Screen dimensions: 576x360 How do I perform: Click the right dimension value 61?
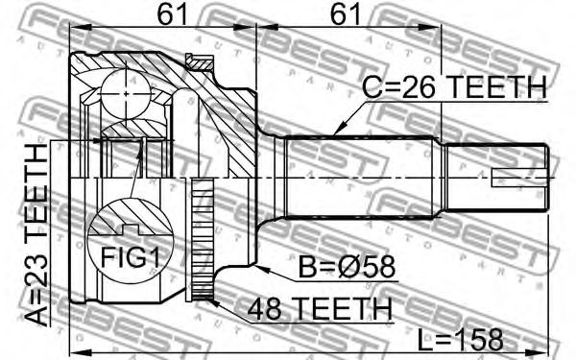[346, 13]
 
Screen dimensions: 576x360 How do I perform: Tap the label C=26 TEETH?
[454, 87]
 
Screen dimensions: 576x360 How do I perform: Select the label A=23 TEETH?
[37, 235]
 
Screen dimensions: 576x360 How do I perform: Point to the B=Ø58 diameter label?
[347, 267]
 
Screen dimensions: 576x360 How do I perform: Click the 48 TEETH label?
[320, 309]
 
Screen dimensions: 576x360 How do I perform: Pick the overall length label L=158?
[460, 339]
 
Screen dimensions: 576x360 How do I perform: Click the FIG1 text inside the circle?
[131, 257]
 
